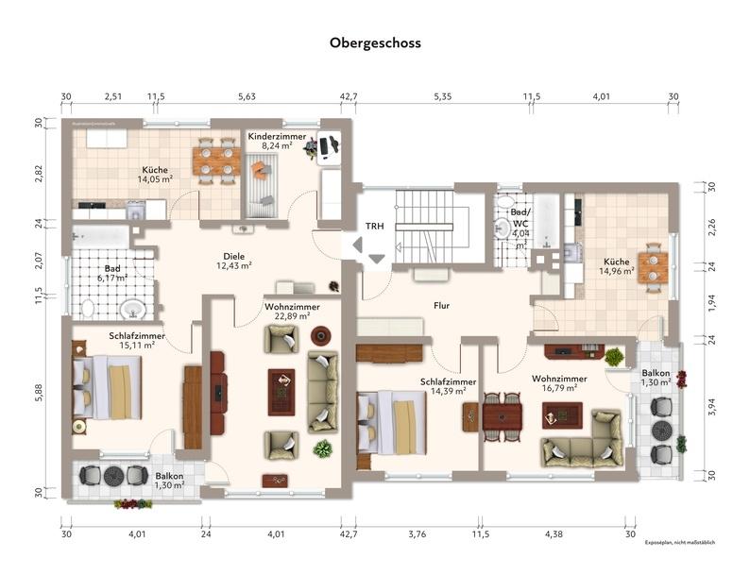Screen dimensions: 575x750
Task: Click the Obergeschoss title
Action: tap(375, 42)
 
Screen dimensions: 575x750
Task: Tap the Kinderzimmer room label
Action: tap(277, 137)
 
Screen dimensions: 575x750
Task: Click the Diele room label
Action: tap(233, 255)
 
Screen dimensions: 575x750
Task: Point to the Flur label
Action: tap(441, 306)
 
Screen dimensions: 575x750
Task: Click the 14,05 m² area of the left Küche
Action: tap(155, 178)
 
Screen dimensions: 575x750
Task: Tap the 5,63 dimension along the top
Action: tap(247, 96)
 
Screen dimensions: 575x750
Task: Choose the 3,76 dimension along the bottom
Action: tap(417, 534)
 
